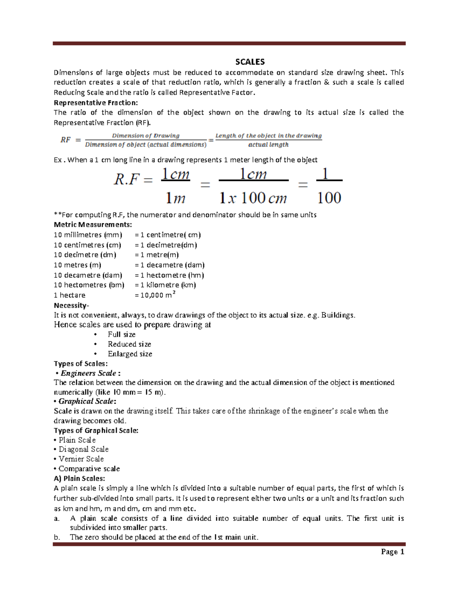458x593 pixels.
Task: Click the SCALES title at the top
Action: pos(250,62)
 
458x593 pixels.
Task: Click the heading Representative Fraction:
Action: pos(96,103)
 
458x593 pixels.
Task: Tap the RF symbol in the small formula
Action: pos(66,140)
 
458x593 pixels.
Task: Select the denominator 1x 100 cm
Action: pos(253,198)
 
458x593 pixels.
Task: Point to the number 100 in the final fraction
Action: pos(329,198)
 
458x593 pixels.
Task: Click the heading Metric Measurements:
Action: pos(93,225)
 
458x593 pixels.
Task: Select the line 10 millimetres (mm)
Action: pos(88,235)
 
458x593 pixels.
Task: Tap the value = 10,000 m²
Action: pos(155,295)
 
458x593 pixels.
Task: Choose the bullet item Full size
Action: pos(121,334)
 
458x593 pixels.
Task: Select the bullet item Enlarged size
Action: pos(130,354)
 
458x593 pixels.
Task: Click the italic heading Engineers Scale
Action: pos(88,373)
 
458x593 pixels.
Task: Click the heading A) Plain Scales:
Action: pos(79,478)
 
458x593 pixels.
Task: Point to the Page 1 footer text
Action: pos(392,552)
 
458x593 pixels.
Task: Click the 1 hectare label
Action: pos(69,295)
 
